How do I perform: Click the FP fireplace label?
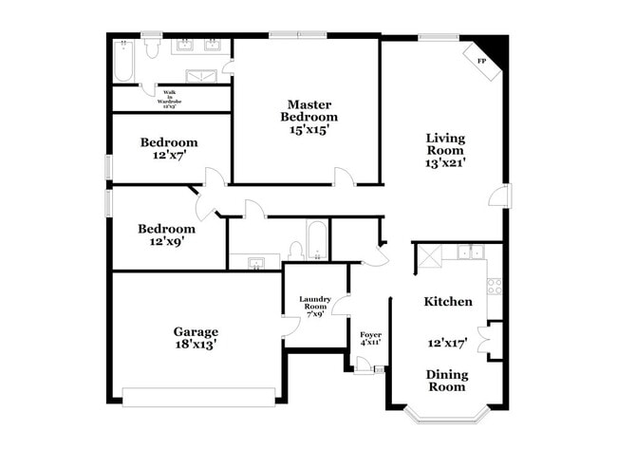coord(481,61)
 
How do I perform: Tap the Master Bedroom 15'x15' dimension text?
coord(308,130)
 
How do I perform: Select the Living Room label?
coord(444,144)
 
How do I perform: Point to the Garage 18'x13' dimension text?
coord(196,346)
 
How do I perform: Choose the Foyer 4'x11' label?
coord(370,340)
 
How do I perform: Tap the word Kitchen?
coord(448,301)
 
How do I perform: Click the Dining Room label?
coord(445,380)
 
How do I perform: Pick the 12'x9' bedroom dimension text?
coord(167,242)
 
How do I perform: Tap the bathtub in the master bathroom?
coord(122,60)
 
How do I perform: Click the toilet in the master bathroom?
coord(151,50)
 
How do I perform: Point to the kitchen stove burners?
coord(494,285)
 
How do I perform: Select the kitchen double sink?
coord(468,253)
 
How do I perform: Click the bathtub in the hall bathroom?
coord(316,241)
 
